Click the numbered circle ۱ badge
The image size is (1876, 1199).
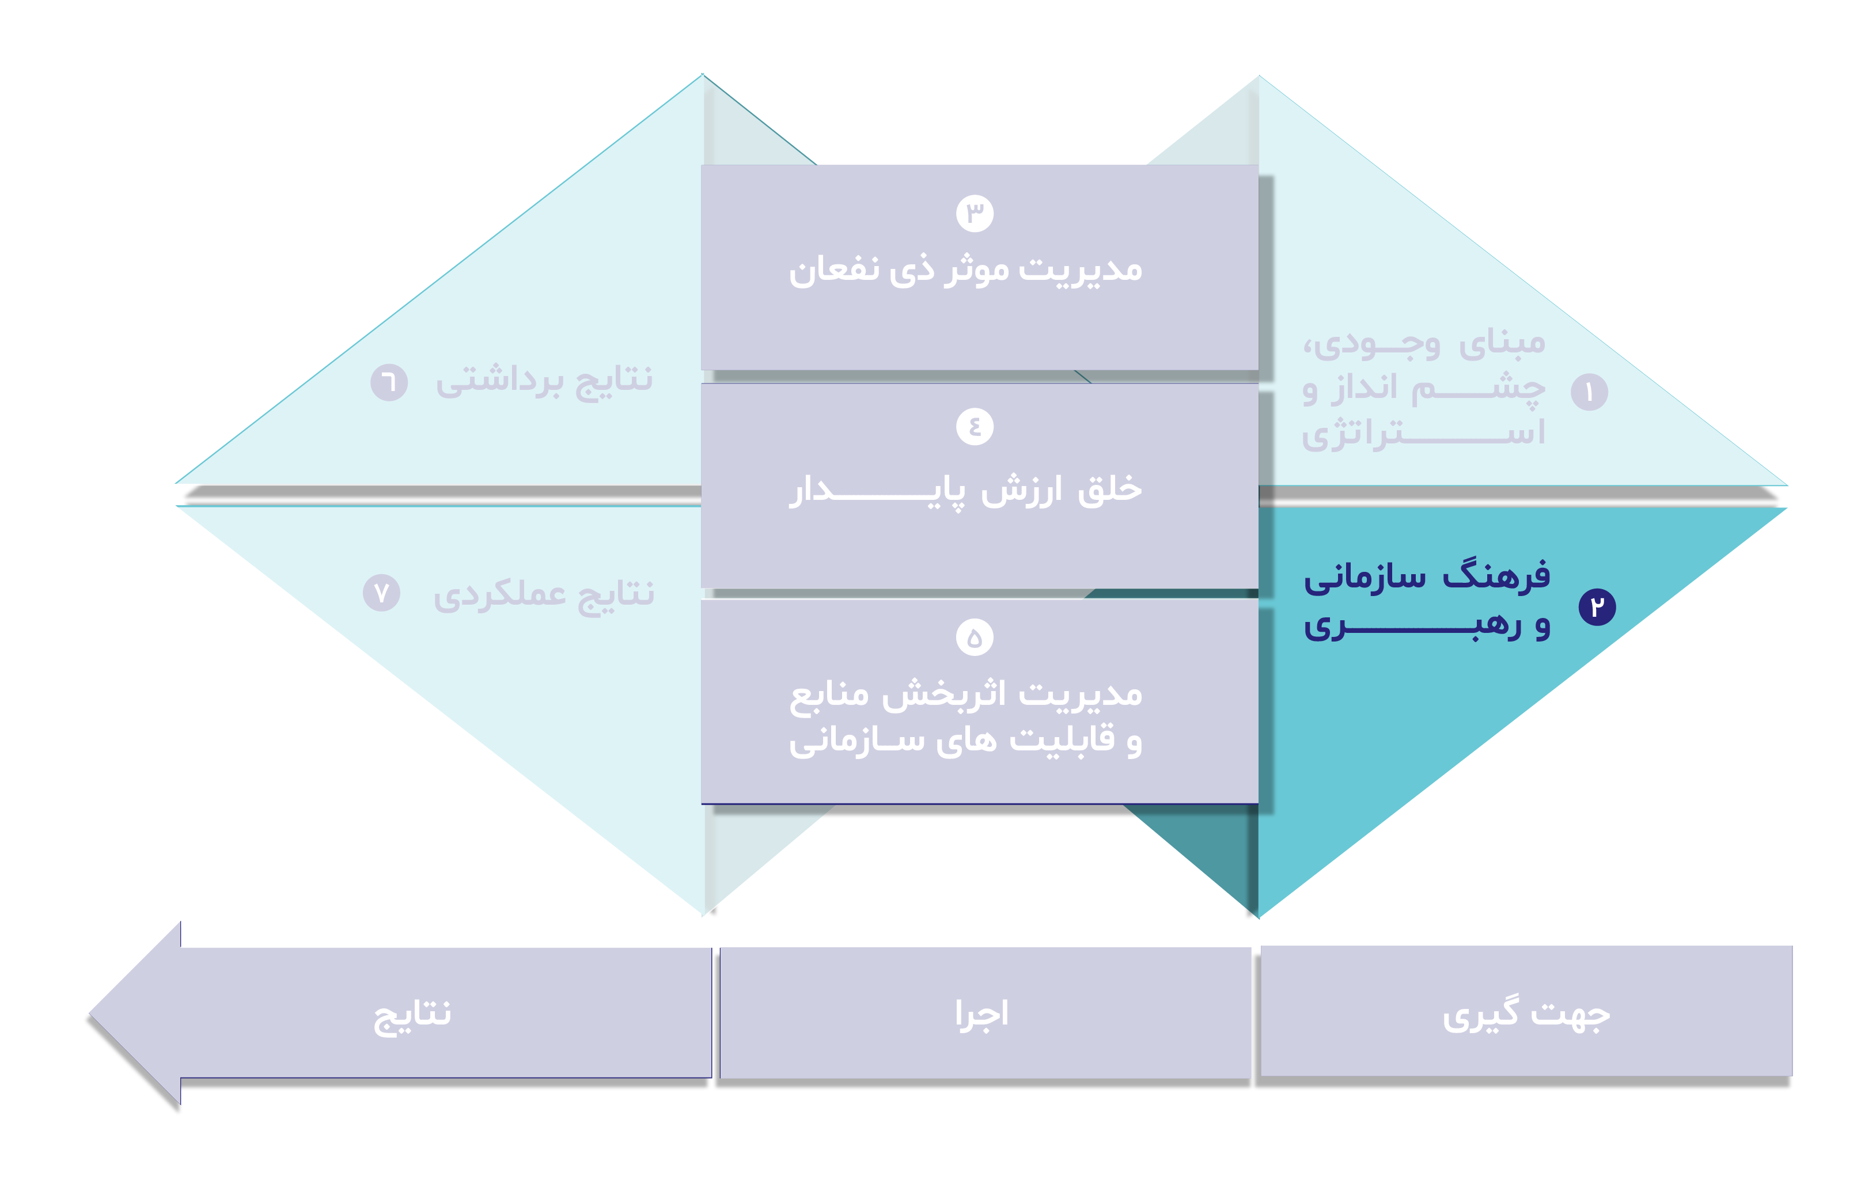(x=1589, y=392)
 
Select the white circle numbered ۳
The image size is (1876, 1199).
(x=974, y=213)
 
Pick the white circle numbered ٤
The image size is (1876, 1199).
(x=974, y=426)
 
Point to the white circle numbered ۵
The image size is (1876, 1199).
(x=974, y=638)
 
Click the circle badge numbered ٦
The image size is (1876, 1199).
(x=389, y=382)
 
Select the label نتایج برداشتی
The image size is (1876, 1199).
(x=544, y=381)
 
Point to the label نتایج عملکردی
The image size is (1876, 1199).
(x=544, y=594)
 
